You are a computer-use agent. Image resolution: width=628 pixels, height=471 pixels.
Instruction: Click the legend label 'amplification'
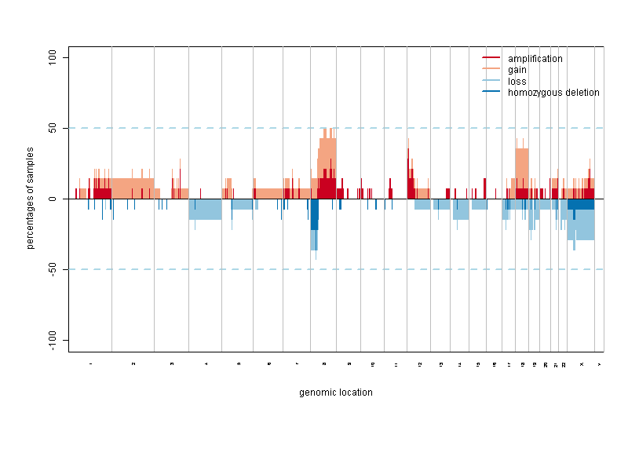pyautogui.click(x=535, y=59)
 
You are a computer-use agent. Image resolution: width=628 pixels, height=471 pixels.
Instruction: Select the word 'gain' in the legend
pyautogui.click(x=517, y=70)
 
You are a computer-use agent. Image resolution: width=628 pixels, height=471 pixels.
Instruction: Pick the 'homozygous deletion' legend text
pyautogui.click(x=553, y=92)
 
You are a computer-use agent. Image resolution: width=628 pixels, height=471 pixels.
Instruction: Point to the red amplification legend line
pyautogui.click(x=491, y=59)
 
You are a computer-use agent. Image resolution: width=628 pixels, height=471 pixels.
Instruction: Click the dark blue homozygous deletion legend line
pyautogui.click(x=491, y=92)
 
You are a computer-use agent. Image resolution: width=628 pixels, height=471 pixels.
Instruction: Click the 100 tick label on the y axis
pyautogui.click(x=56, y=57)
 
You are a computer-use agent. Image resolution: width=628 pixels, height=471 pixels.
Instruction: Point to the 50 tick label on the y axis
pyautogui.click(x=56, y=128)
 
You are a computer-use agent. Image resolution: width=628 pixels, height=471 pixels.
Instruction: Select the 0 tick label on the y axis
pyautogui.click(x=56, y=199)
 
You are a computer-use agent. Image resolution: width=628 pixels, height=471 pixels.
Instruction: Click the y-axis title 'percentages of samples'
pyautogui.click(x=31, y=198)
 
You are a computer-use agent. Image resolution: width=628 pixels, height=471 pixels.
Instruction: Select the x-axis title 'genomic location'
pyautogui.click(x=336, y=392)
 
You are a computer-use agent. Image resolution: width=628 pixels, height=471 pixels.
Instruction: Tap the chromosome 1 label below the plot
pyautogui.click(x=90, y=364)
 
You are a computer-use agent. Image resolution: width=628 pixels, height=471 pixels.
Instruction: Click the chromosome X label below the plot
pyautogui.click(x=581, y=364)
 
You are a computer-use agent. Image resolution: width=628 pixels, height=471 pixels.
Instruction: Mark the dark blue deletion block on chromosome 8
pyautogui.click(x=314, y=214)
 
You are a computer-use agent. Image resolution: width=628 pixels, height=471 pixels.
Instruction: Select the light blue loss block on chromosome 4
pyautogui.click(x=205, y=209)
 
